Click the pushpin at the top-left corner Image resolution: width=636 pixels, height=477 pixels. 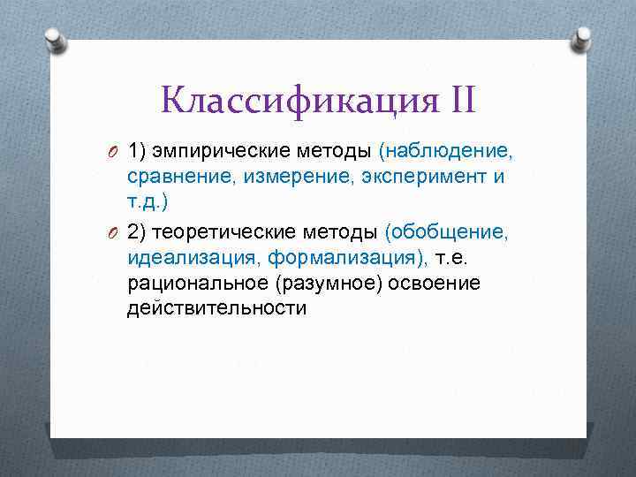(55, 39)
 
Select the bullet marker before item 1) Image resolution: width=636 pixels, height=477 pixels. (115, 152)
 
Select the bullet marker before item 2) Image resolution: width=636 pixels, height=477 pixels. (115, 232)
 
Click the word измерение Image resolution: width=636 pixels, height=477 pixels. (284, 178)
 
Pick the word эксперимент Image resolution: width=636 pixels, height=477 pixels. (413, 178)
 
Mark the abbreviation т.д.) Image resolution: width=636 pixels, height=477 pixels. (148, 203)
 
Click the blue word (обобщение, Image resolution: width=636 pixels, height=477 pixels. (447, 232)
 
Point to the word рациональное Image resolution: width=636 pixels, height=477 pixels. (197, 284)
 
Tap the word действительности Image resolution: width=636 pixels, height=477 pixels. (217, 309)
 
